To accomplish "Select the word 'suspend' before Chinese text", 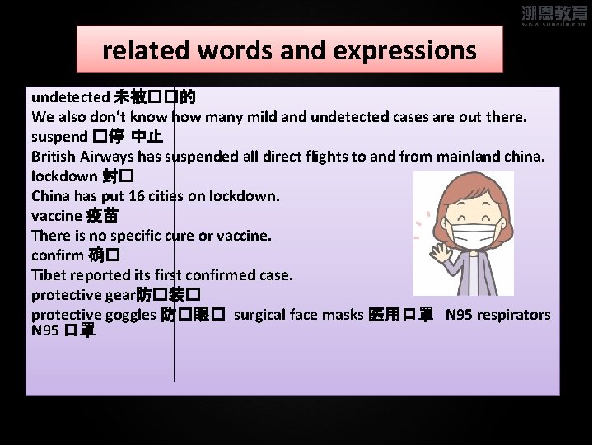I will pyautogui.click(x=59, y=137).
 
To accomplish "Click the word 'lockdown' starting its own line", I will pyautogui.click(x=65, y=176).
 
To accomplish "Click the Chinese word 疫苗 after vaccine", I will pyautogui.click(x=103, y=216).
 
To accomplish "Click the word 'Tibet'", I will pyautogui.click(x=49, y=274).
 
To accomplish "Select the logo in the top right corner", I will pyautogui.click(x=555, y=16).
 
